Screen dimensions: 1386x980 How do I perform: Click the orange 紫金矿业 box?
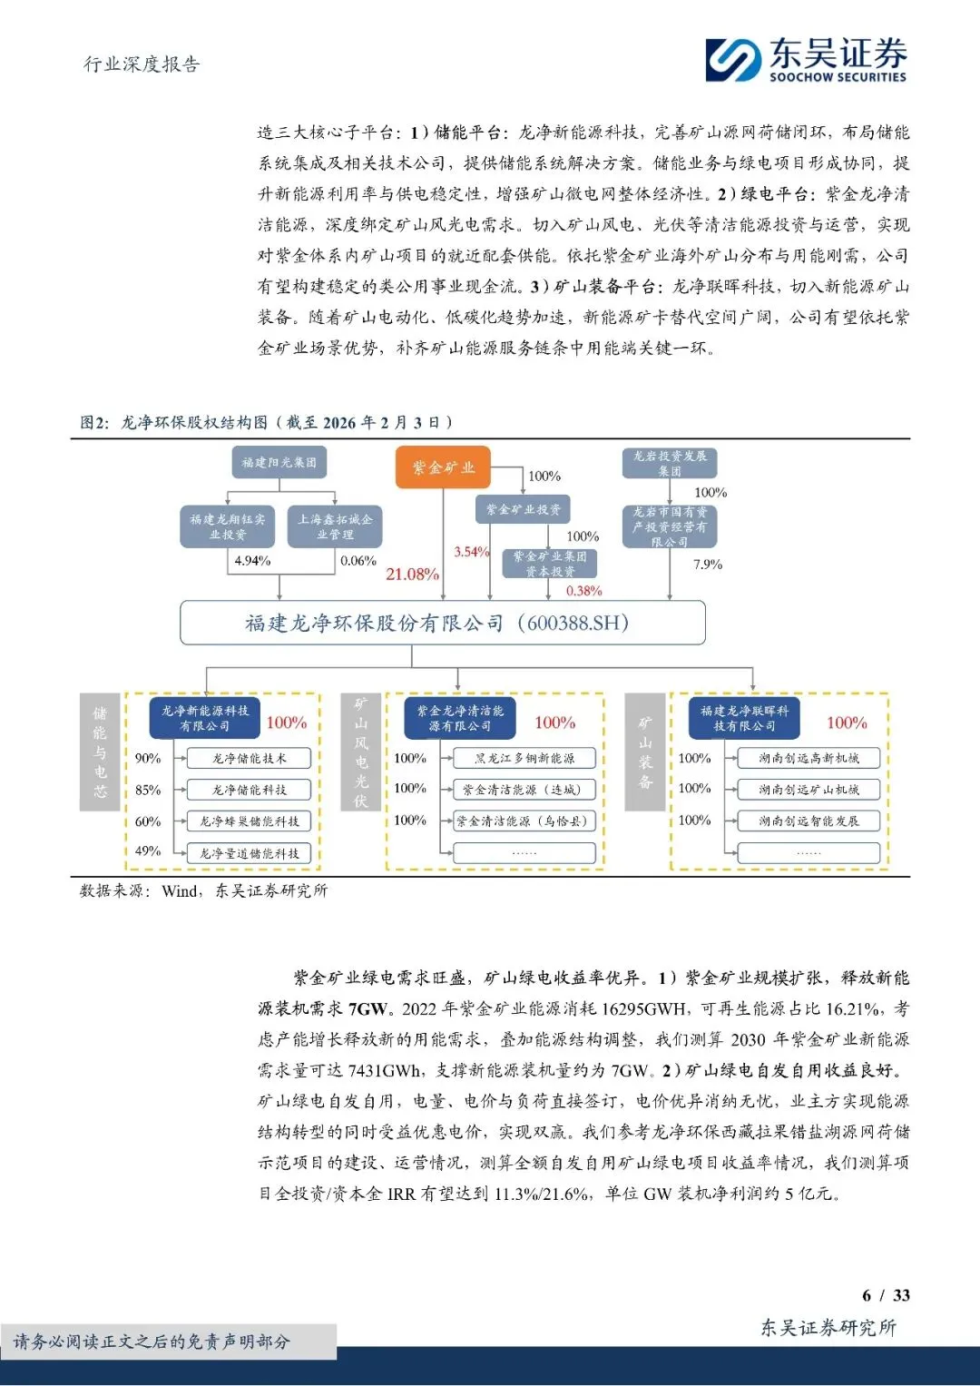[443, 467]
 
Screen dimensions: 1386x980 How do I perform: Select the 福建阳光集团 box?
[279, 463]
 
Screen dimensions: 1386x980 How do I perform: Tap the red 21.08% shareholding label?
[412, 574]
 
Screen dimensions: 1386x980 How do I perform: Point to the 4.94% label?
[252, 561]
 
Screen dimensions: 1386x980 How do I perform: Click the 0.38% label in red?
[583, 591]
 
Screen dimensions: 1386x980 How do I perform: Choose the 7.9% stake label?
[708, 565]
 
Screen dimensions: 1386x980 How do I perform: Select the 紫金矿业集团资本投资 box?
[550, 564]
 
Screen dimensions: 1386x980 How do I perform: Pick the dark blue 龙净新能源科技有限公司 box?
[205, 718]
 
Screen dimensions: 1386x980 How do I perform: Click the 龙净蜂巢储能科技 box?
[249, 821]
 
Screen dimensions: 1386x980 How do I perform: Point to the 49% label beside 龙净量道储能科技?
[148, 851]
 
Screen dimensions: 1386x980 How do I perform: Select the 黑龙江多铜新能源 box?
[524, 758]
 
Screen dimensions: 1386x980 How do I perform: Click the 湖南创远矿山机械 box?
[808, 790]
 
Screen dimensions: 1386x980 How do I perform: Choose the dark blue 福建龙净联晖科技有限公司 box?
[744, 718]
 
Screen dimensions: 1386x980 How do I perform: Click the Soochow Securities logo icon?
[733, 60]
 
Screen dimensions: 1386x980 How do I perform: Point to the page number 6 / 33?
[886, 1295]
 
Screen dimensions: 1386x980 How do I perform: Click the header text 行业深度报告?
[142, 64]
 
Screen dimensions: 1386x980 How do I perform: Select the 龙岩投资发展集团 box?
[670, 463]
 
